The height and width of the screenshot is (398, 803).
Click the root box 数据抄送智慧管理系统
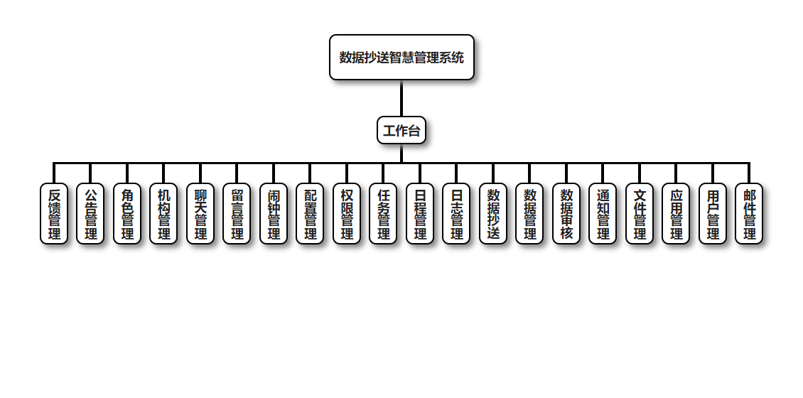[401, 58]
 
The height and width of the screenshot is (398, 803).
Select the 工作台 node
[401, 130]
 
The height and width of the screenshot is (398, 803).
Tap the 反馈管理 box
[54, 214]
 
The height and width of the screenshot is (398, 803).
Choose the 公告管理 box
[90, 214]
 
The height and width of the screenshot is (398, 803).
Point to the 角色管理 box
[127, 214]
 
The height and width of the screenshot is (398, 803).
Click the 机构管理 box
[163, 214]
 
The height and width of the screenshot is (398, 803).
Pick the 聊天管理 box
[200, 214]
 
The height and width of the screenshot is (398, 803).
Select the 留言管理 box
[237, 214]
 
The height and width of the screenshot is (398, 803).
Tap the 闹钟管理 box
[274, 214]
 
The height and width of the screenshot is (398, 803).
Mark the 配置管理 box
[310, 214]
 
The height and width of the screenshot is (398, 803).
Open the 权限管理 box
[347, 214]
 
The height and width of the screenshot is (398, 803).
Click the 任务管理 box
[383, 214]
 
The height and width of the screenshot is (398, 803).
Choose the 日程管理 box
[420, 214]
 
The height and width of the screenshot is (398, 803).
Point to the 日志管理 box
[456, 214]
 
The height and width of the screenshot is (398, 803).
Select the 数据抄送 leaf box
[493, 214]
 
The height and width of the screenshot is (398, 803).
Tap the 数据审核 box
[566, 214]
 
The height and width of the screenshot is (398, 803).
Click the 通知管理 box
[603, 214]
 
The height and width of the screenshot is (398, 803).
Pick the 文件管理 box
[640, 214]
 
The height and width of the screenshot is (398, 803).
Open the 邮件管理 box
[749, 214]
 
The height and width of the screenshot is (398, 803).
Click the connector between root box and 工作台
[401, 98]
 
